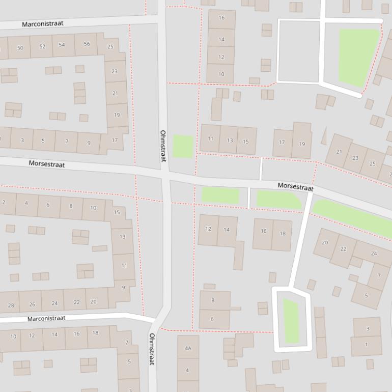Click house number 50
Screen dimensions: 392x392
tap(20, 48)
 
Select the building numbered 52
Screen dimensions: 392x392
tap(42, 46)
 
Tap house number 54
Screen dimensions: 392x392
tap(62, 45)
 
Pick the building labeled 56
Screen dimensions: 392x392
tap(87, 44)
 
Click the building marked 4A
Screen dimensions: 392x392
tap(188, 348)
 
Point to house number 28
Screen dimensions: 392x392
tap(11, 305)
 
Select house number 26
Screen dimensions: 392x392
tap(32, 304)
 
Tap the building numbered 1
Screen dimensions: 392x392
tap(366, 345)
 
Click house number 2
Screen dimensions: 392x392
tap(4, 202)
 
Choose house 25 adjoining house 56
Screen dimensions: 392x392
tap(110, 47)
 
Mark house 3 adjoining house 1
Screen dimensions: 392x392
tap(368, 328)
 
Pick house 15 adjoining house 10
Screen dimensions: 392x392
tap(117, 212)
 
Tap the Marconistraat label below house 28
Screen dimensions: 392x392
tap(46, 318)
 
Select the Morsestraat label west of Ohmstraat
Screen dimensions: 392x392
tap(47, 164)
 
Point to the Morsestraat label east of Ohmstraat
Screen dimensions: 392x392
tap(295, 187)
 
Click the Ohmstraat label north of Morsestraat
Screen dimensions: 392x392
tap(163, 146)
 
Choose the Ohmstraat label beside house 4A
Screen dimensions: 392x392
tap(152, 349)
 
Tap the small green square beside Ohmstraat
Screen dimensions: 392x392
tap(183, 146)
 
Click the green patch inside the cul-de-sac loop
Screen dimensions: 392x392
tap(291, 321)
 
